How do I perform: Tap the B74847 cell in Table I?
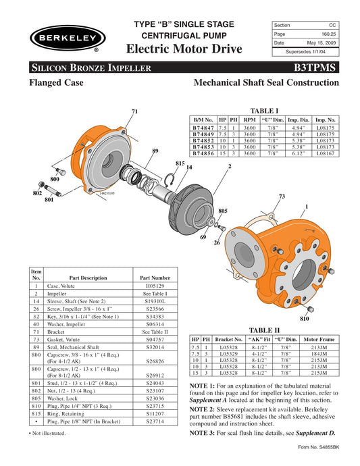coord(203,127)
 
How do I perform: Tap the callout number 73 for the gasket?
coord(282,196)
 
